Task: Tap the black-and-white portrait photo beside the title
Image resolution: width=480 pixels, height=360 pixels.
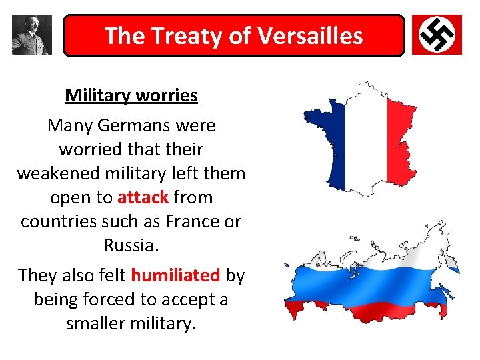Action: pyautogui.click(x=31, y=35)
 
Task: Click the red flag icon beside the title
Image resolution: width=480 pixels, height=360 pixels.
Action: pyautogui.click(x=437, y=35)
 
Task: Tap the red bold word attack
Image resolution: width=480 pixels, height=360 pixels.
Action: pyautogui.click(x=143, y=197)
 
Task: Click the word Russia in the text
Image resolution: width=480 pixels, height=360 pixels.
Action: pyautogui.click(x=129, y=245)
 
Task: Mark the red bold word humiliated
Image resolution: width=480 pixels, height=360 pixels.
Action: pyautogui.click(x=175, y=275)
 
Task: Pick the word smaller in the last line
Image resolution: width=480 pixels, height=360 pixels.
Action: pyautogui.click(x=97, y=323)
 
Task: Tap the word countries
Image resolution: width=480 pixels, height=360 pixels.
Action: pyautogui.click(x=57, y=221)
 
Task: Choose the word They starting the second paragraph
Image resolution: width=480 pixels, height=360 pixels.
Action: pyautogui.click(x=40, y=275)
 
